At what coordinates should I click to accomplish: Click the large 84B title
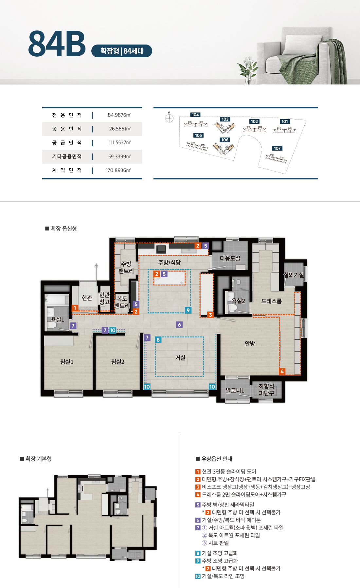pos(57,44)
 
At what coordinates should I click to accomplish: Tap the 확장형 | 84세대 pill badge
pos(122,51)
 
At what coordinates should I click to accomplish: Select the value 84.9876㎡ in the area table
pos(119,115)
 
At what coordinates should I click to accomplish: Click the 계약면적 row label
pos(67,170)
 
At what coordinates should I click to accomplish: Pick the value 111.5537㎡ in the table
pos(119,142)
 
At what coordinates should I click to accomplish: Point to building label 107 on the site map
pos(277,148)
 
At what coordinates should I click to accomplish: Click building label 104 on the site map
pos(195,115)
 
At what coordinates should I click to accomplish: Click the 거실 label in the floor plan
pos(180,358)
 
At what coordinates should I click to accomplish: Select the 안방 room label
pos(250,343)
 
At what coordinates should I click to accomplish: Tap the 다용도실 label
pos(230,258)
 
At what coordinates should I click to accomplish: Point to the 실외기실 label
pos(294,275)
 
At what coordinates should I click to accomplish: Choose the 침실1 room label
pos(67,362)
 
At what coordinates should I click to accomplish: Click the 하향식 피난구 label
pos(266,390)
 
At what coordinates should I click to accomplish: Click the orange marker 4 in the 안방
pos(282,371)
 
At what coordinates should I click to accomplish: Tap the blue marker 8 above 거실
pos(158,340)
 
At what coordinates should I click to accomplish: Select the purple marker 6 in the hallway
pos(179,324)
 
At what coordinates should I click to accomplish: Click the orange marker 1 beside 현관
pos(75,308)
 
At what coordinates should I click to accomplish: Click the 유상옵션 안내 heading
pos(214,459)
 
